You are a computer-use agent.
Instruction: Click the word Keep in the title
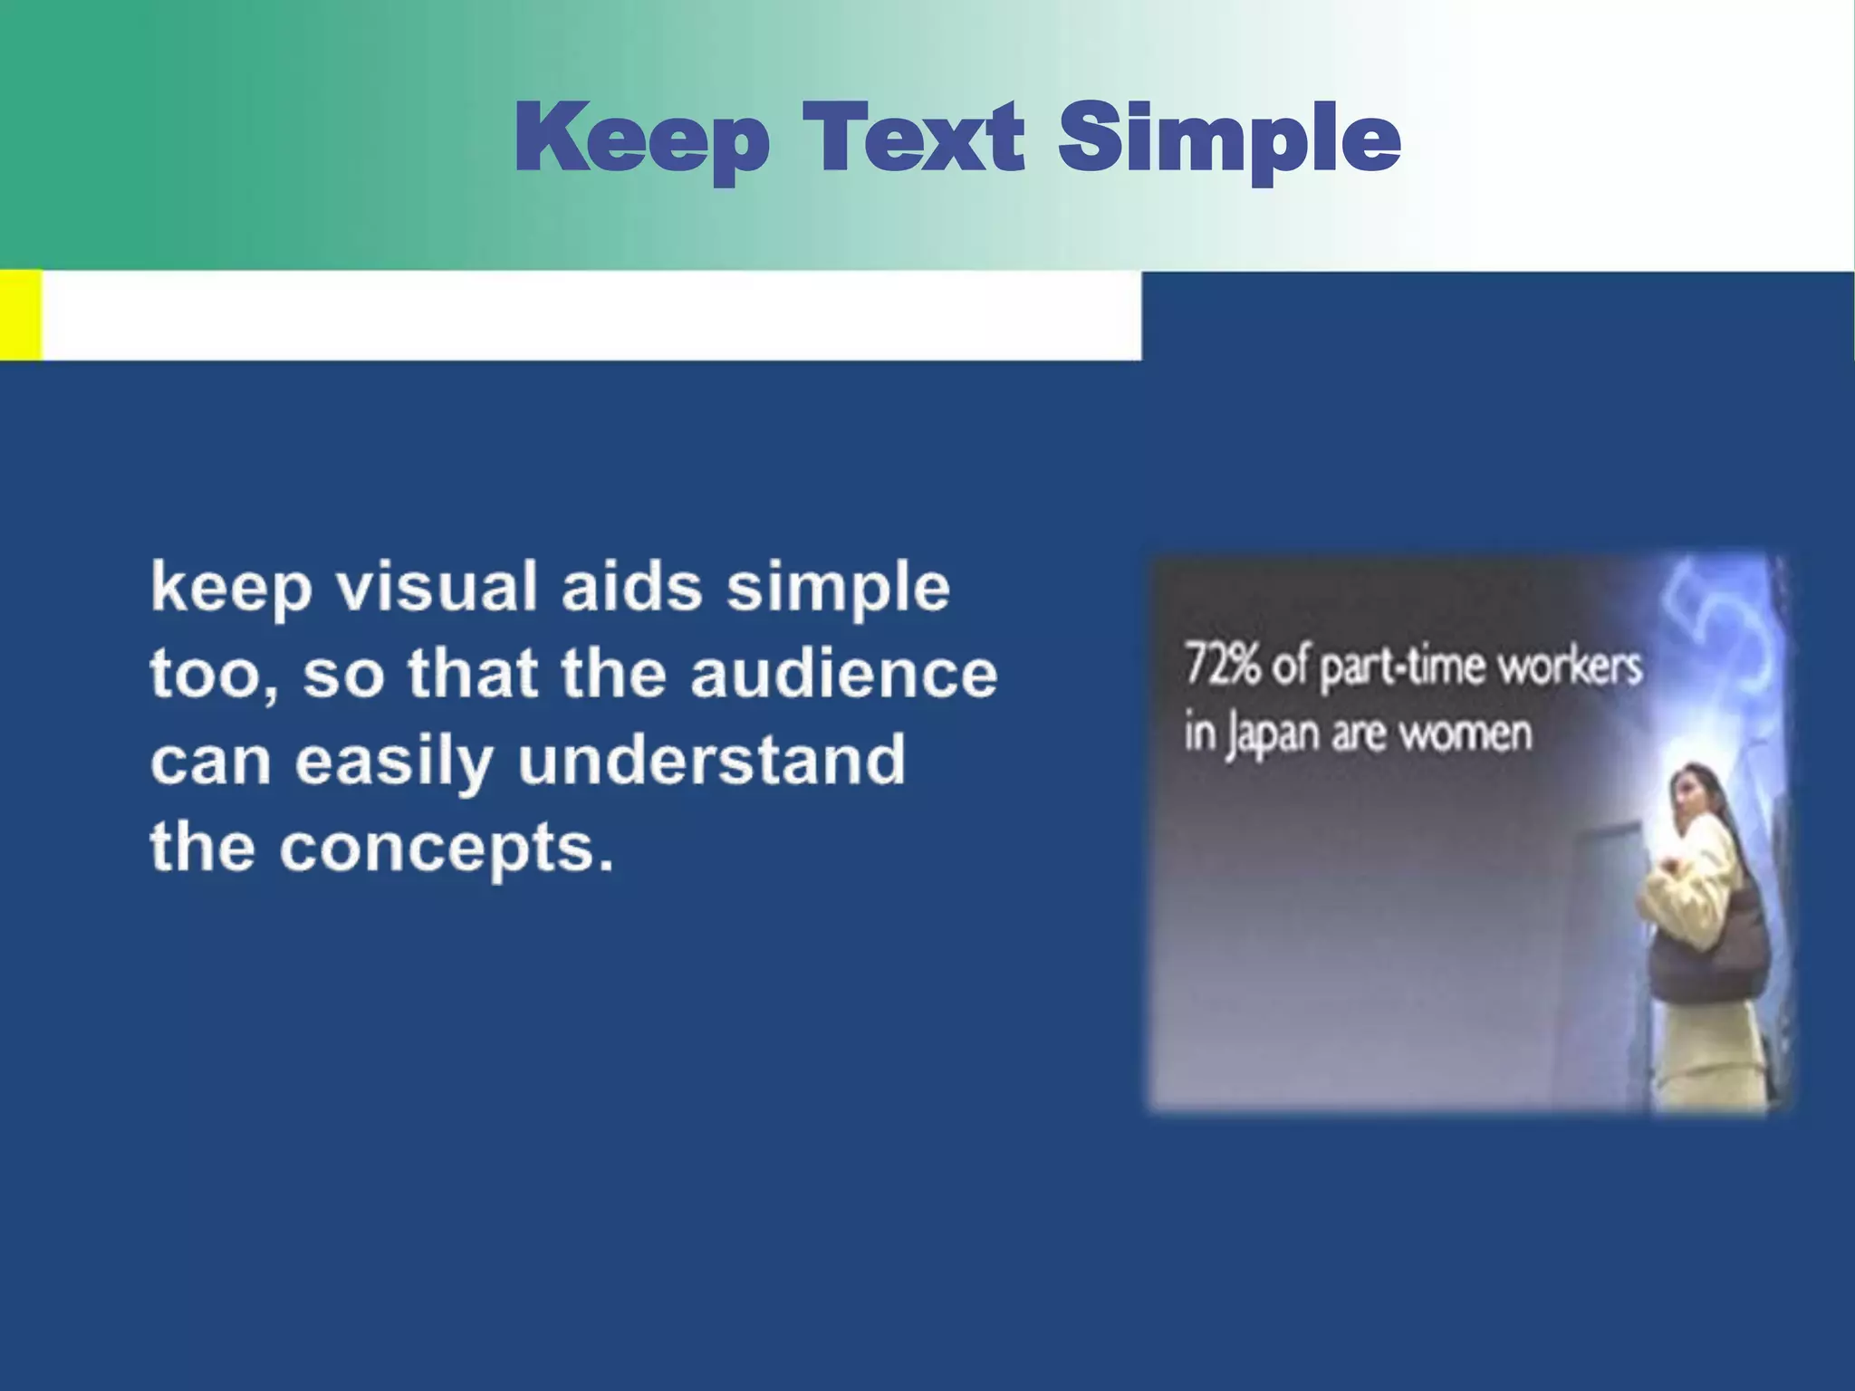coord(641,138)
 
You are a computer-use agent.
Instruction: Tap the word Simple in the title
coord(1229,138)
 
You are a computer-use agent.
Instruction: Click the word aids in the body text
coord(631,586)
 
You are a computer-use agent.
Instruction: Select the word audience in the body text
coord(843,674)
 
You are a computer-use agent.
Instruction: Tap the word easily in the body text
coord(393,763)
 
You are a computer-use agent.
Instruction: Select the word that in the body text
coord(473,674)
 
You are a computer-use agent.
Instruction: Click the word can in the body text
coord(210,761)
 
